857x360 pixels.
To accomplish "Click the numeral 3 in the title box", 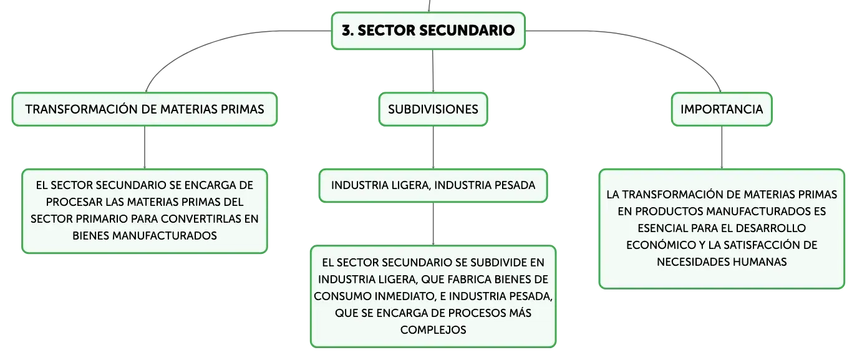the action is tap(347, 31).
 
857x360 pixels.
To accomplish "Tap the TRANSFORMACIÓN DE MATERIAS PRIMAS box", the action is tap(145, 109).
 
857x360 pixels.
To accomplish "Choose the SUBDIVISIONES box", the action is tap(433, 109).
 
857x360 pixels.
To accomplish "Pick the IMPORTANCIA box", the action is tap(722, 109).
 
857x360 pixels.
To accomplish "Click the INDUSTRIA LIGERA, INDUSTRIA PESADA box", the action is tap(433, 185).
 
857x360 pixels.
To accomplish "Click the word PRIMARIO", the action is tap(99, 219).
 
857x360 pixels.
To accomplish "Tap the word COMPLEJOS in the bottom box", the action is tap(433, 330).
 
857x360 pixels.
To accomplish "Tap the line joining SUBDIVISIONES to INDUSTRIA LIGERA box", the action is tap(433, 147).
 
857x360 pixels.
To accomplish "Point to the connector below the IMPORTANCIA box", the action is tap(722, 147).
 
